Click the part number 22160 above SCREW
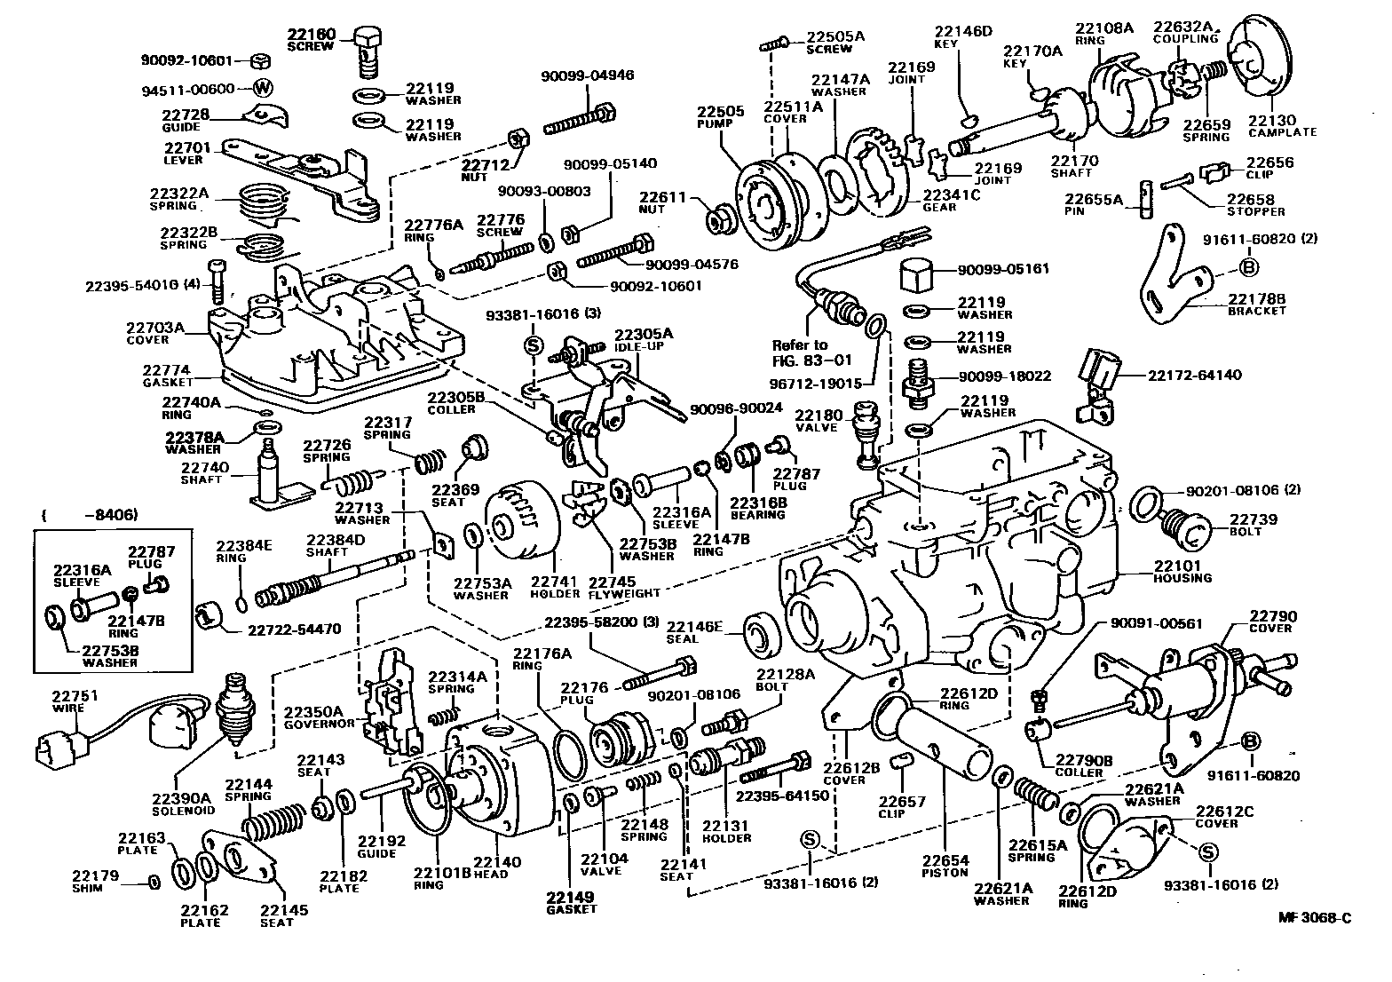pyautogui.click(x=311, y=35)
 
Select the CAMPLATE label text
pyautogui.click(x=1283, y=132)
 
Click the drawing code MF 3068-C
pyautogui.click(x=1315, y=918)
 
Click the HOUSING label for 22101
pyautogui.click(x=1182, y=578)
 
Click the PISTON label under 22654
pyautogui.click(x=945, y=873)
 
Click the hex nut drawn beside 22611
pyautogui.click(x=716, y=218)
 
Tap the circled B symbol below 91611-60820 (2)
pyautogui.click(x=1248, y=266)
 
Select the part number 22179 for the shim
pyautogui.click(x=95, y=875)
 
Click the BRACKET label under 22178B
pyautogui.click(x=1257, y=312)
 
